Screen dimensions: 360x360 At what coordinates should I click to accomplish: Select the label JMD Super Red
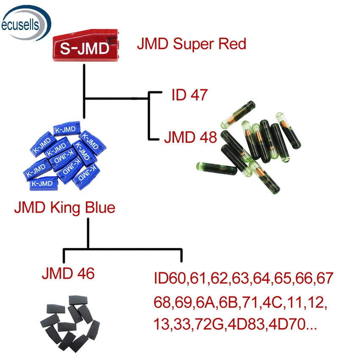191,44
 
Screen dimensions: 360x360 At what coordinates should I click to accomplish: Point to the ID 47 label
189,95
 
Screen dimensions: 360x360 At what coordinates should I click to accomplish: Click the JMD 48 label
190,137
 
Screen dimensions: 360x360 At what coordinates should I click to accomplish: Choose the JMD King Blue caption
64,208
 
